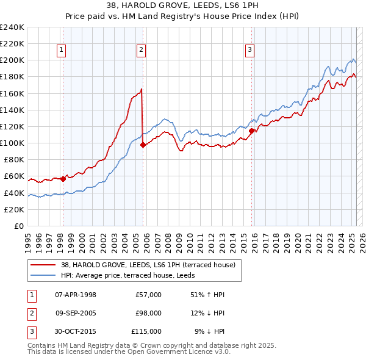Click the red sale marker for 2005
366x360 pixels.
pyautogui.click(x=143, y=145)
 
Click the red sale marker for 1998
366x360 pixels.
pyautogui.click(x=63, y=179)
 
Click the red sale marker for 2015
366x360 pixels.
pyautogui.click(x=252, y=130)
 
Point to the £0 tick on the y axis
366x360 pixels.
pyautogui.click(x=18, y=226)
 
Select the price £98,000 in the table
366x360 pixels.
pyautogui.click(x=148, y=313)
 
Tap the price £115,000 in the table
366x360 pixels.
pyautogui.click(x=146, y=331)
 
